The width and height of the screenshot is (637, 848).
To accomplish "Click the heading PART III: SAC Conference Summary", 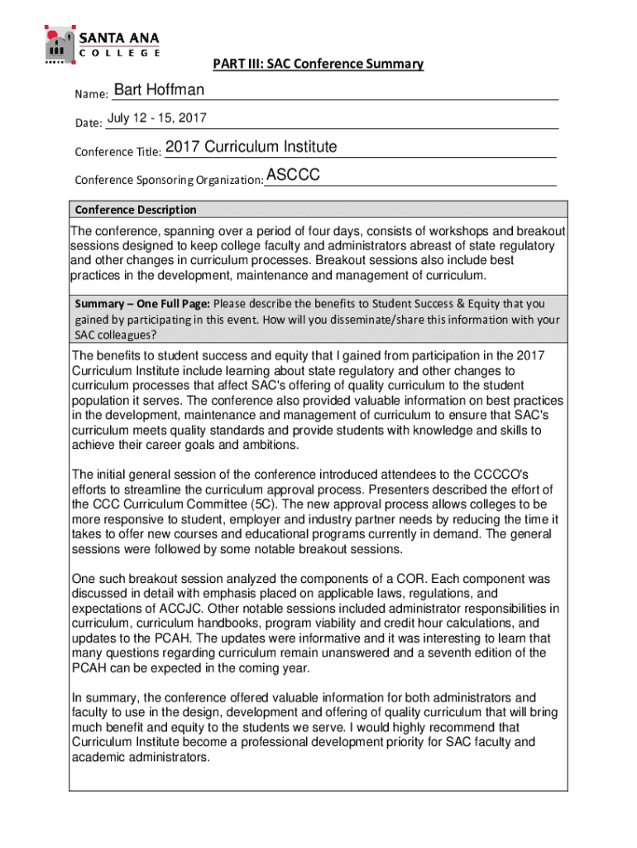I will [x=318, y=64].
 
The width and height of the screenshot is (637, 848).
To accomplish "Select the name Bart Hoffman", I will [x=159, y=90].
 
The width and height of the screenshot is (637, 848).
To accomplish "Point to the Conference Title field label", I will [x=117, y=152].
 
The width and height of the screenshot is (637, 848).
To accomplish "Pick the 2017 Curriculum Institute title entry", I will [x=251, y=147].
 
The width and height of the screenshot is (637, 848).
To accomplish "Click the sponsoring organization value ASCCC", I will [x=293, y=176].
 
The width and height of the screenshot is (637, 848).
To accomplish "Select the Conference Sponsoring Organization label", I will [x=169, y=180].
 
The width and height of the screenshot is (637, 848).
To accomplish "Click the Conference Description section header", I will [x=136, y=210].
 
